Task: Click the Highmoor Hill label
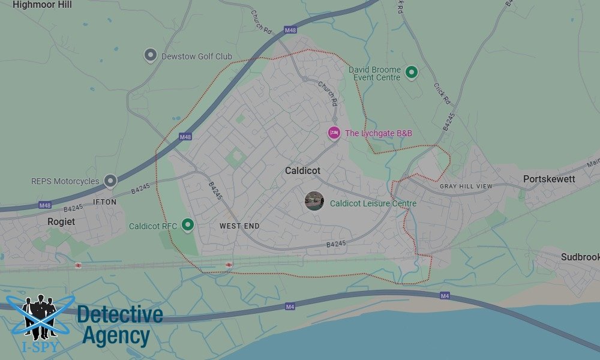click(x=42, y=5)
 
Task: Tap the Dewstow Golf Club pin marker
click(x=151, y=56)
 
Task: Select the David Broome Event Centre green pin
click(x=411, y=73)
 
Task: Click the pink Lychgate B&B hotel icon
click(x=334, y=133)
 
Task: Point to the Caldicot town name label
click(x=302, y=171)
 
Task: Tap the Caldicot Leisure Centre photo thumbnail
click(x=314, y=201)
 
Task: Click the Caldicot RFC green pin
click(x=188, y=225)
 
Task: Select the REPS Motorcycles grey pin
click(x=110, y=181)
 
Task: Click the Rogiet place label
click(x=61, y=221)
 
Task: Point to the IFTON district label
click(x=105, y=202)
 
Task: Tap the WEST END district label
click(x=239, y=226)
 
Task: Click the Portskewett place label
click(x=549, y=179)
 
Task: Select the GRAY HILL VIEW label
click(x=466, y=187)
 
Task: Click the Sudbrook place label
click(x=580, y=257)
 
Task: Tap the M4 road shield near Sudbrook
click(x=445, y=296)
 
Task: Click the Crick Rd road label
click(x=442, y=94)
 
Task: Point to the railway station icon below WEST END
click(x=229, y=265)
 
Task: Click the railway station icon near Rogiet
click(x=78, y=265)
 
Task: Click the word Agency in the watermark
click(x=116, y=336)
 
